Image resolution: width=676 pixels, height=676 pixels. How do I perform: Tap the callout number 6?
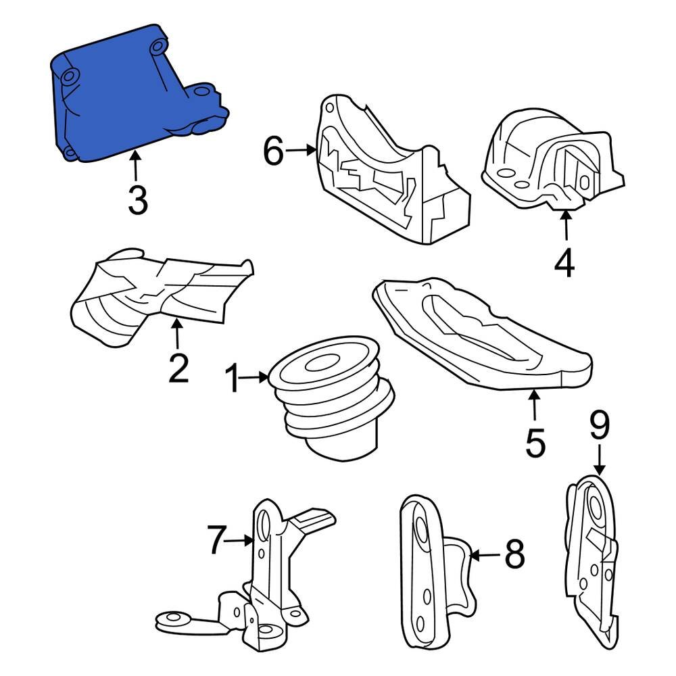274,151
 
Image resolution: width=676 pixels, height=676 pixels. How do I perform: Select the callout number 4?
564,262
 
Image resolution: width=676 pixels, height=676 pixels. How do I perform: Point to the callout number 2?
178,368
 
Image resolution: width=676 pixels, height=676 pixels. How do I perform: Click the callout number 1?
233,378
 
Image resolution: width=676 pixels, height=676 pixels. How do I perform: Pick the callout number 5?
535,442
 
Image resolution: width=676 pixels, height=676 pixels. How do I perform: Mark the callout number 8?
514,554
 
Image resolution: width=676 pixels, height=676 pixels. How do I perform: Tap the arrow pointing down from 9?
600,460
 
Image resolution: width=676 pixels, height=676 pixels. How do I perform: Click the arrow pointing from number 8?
485,556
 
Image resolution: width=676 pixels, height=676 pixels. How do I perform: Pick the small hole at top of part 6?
329,107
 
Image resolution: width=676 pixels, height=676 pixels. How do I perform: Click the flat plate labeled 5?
482,334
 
